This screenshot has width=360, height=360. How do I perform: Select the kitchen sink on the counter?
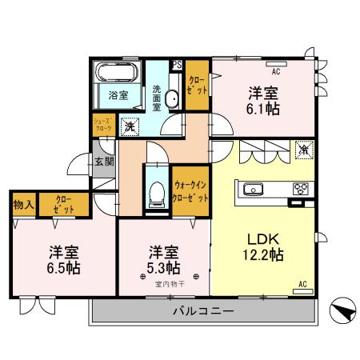click(x=253, y=190)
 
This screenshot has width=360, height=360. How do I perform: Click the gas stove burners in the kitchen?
click(x=301, y=189)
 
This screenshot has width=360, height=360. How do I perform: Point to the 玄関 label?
click(x=104, y=162)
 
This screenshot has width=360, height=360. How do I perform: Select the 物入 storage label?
click(x=22, y=205)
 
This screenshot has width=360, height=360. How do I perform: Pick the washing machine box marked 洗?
click(x=129, y=126)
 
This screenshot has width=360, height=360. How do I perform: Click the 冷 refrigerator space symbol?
click(x=304, y=149)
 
